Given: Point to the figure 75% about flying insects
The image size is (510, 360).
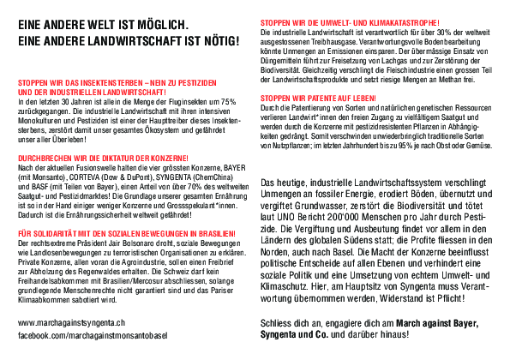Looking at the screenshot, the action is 228,102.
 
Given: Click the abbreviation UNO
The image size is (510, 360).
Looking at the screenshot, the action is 284,219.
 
